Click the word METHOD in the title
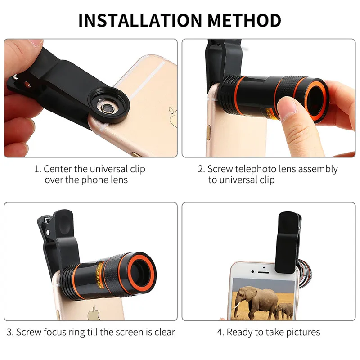tap(244, 20)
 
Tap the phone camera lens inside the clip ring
tap(106, 107)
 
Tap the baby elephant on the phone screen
tap(285, 310)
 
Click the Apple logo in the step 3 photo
tap(94, 313)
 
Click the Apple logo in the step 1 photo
tap(173, 117)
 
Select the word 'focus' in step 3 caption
tap(55, 332)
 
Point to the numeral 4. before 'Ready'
tap(220, 332)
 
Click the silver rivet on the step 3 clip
tap(48, 233)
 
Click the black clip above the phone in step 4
tap(288, 243)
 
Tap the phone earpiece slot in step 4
tap(263, 272)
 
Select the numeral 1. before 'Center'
tap(38, 169)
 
